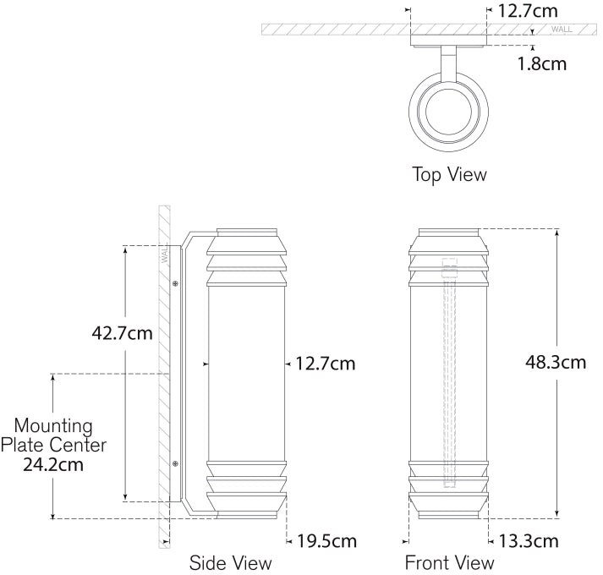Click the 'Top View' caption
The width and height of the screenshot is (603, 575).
click(449, 175)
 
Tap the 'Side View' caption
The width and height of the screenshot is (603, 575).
click(230, 562)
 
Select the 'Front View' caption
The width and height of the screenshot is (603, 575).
click(449, 562)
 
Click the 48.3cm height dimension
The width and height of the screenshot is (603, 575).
click(556, 362)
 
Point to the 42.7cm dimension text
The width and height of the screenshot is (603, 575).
click(122, 332)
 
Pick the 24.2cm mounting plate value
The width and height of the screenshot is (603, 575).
click(52, 463)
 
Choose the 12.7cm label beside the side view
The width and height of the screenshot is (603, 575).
click(325, 364)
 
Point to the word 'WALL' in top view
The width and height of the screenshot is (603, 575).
click(562, 30)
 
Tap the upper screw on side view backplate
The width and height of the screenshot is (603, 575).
click(174, 283)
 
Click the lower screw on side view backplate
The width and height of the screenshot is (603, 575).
click(174, 463)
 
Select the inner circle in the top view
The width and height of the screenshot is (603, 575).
click(449, 111)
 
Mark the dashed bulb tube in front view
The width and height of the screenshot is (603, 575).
click(449, 372)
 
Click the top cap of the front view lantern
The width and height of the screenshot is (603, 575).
click(449, 234)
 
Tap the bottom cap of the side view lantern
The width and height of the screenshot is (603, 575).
click(247, 511)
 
